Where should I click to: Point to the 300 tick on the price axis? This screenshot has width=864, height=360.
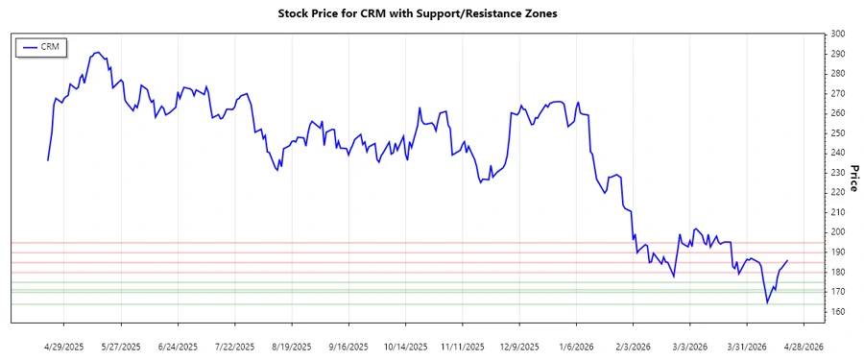pyautogui.click(x=838, y=34)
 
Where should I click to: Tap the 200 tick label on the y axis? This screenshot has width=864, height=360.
pyautogui.click(x=838, y=231)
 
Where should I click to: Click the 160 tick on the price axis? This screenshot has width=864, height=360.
pyautogui.click(x=838, y=311)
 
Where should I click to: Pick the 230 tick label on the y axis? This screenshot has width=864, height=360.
pyautogui.click(x=838, y=172)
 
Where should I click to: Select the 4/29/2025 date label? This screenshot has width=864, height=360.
pyautogui.click(x=64, y=346)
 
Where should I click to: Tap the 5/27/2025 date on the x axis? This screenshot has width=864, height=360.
pyautogui.click(x=121, y=346)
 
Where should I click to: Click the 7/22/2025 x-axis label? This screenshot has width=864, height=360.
pyautogui.click(x=234, y=346)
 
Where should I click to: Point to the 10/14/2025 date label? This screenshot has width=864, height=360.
pyautogui.click(x=404, y=346)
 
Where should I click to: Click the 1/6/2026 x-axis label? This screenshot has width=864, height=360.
pyautogui.click(x=575, y=346)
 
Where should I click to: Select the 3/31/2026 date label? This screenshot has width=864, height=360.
pyautogui.click(x=745, y=346)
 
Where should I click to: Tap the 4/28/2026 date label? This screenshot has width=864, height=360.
pyautogui.click(x=802, y=346)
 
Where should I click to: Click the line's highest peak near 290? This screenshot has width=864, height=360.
pyautogui.click(x=98, y=53)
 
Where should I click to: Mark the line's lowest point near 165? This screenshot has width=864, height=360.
pyautogui.click(x=767, y=302)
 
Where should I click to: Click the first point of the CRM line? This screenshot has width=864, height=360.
pyautogui.click(x=48, y=159)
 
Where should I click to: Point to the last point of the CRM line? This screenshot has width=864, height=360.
pyautogui.click(x=788, y=260)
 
